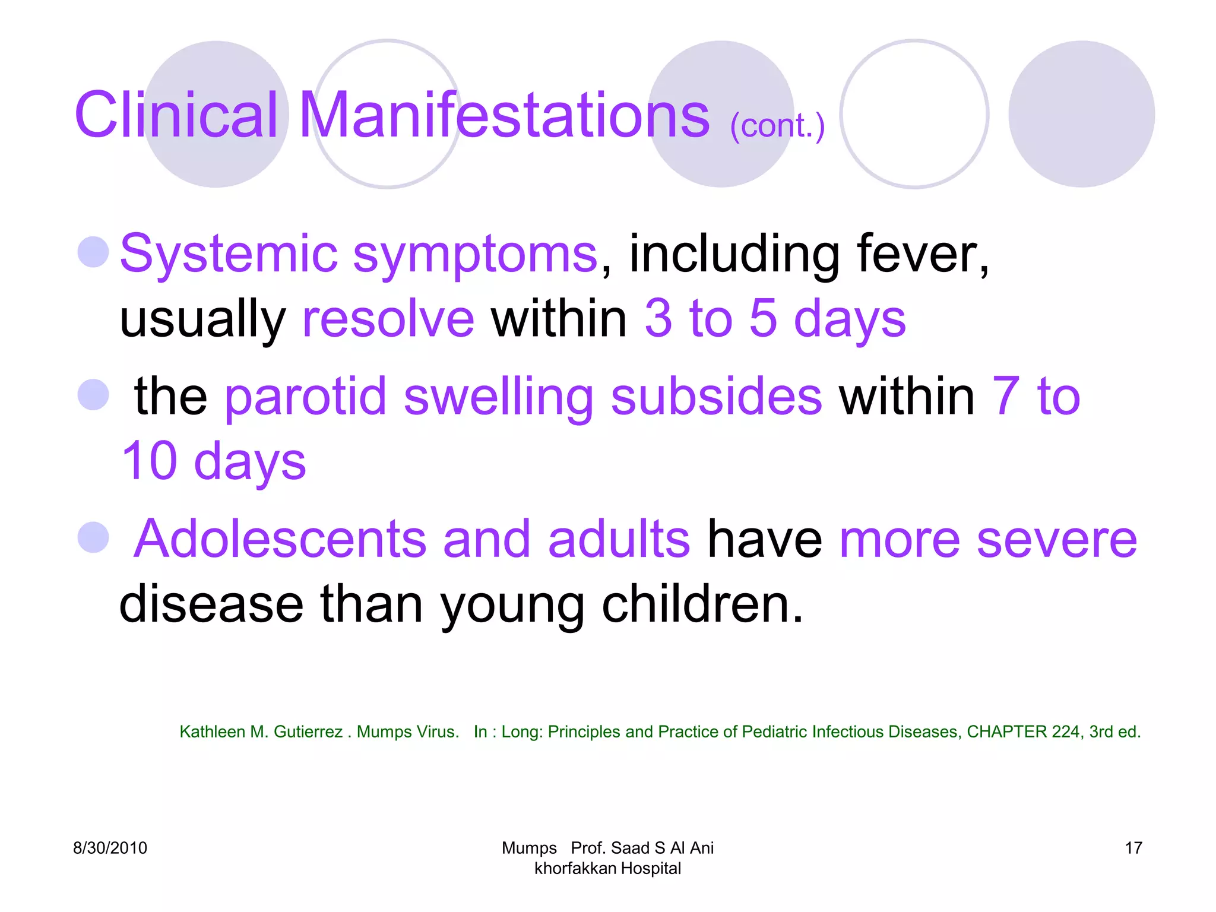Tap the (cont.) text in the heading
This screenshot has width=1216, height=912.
tap(777, 126)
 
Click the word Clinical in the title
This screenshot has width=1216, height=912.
tap(176, 116)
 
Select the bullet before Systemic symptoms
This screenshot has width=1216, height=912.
tap(93, 252)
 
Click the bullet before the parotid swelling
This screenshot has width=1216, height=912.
tap(93, 395)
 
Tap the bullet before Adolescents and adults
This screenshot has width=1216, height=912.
tap(93, 537)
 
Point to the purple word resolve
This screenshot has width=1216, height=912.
tap(388, 319)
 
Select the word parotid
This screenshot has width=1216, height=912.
tap(305, 397)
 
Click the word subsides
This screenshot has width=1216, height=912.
tap(716, 397)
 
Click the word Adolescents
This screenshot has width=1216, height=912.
tap(280, 539)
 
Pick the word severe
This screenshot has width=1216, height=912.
tap(1056, 539)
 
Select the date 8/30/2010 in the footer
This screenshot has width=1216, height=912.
tap(110, 848)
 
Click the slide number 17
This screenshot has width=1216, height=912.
tap(1133, 848)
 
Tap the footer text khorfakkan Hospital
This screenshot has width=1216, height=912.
tap(607, 868)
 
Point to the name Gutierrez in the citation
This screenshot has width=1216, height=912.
tap(308, 732)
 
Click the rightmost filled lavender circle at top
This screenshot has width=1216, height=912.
tap(1081, 114)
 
